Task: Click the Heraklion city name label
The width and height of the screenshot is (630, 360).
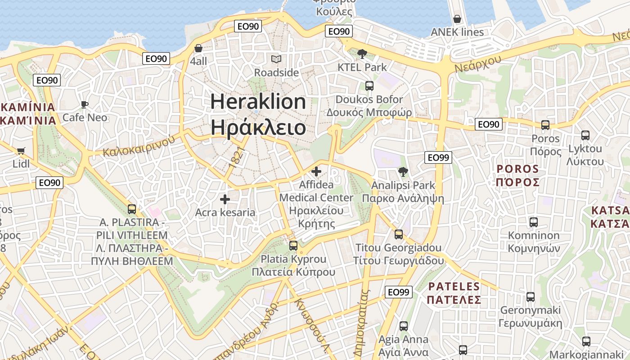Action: coord(258,102)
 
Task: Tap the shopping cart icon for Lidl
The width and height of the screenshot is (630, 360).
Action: coord(21,151)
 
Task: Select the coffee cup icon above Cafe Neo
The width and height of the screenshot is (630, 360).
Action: coord(84,105)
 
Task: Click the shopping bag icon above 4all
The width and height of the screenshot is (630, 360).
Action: coord(198,48)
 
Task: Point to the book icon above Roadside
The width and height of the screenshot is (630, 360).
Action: coord(276,59)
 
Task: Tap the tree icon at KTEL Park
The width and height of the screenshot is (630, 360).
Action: coord(362,54)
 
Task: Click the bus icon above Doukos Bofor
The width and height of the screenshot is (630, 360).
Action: coord(369,85)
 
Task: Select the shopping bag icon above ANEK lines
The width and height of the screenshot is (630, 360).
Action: coord(457,19)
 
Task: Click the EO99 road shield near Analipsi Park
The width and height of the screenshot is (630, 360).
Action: coord(438,157)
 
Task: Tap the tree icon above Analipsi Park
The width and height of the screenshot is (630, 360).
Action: coord(403,171)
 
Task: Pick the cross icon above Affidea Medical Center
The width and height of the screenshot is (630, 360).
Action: coord(316,171)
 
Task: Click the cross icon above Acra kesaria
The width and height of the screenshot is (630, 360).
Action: coord(225,199)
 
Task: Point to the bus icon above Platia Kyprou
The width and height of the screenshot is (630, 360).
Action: coord(293,245)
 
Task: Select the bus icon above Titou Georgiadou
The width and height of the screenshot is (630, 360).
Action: coord(399,234)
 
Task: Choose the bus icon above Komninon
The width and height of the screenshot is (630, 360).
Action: coord(534,222)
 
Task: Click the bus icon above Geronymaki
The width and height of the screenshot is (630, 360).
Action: coord(531,297)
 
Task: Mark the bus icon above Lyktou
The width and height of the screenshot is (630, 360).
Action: coord(585,135)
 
